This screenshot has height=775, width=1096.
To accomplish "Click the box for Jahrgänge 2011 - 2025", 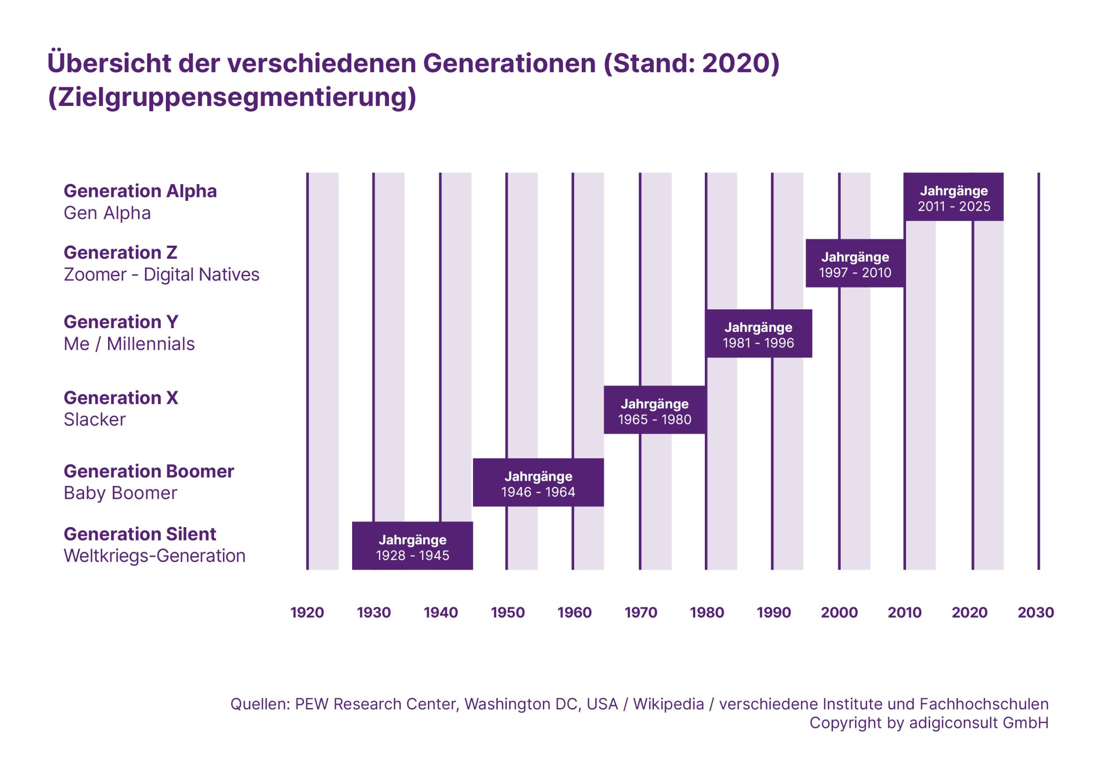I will tap(953, 197).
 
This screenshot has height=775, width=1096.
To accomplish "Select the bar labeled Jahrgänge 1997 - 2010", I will tap(855, 263).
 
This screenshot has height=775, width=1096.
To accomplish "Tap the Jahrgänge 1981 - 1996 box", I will tap(758, 333).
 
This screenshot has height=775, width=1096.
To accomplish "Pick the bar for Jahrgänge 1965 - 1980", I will tap(654, 410).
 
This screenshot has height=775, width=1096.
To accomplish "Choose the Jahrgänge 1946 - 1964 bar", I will tap(538, 482).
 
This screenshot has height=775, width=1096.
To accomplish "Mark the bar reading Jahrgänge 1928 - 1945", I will tap(412, 546).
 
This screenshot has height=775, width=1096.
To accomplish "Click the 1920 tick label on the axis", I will tap(307, 612).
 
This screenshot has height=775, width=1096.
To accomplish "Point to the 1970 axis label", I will tap(641, 612).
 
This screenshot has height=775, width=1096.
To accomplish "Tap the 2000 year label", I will tap(839, 612).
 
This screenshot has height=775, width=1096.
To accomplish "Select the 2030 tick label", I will tap(1036, 612).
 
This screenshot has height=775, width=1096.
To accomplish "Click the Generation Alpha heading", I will tap(140, 191).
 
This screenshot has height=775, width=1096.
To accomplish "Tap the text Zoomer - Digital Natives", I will tap(161, 275).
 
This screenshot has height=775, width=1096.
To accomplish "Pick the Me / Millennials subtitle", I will tap(129, 344).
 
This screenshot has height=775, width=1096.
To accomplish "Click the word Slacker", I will tap(95, 420).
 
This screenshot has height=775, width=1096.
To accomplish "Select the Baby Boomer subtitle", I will tap(120, 493).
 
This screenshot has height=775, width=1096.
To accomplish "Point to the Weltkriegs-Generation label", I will tap(154, 556).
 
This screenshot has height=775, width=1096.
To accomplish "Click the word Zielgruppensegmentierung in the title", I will tap(232, 97).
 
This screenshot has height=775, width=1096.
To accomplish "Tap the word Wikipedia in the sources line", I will tap(668, 704).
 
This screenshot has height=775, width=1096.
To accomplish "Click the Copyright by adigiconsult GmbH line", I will tap(928, 723).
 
